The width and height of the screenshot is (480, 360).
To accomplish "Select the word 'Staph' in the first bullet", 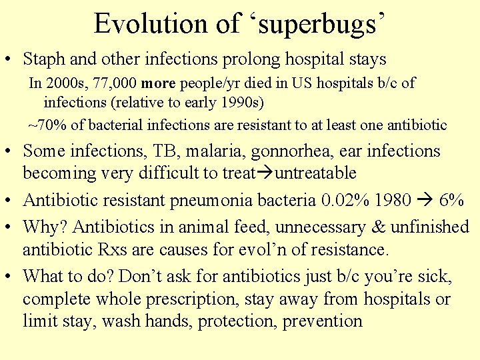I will tap(44, 59).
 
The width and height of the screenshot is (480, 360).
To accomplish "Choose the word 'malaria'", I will tap(219, 151).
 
